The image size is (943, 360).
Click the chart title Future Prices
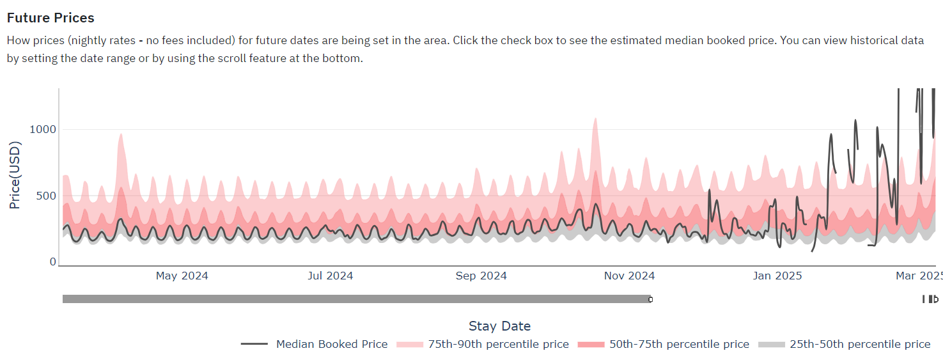[51, 18]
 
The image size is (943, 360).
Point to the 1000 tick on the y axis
[43, 129]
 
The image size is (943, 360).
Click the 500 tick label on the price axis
[46, 196]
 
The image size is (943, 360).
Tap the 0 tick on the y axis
[52, 262]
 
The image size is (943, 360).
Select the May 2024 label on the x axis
[182, 276]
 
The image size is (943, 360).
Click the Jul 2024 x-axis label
[330, 276]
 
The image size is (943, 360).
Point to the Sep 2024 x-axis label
[481, 276]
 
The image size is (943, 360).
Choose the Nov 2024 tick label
[629, 276]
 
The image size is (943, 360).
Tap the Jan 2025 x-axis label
[777, 276]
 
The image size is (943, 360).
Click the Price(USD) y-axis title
[15, 175]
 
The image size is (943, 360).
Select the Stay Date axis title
[500, 326]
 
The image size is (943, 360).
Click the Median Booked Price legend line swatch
[254, 344]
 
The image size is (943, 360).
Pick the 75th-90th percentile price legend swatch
[410, 345]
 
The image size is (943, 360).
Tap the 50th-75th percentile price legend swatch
[591, 345]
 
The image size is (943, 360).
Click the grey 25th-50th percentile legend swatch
[771, 345]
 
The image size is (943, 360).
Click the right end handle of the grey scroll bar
[650, 299]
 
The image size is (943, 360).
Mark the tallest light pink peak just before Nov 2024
[595, 119]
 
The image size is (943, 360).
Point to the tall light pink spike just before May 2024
[121, 135]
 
